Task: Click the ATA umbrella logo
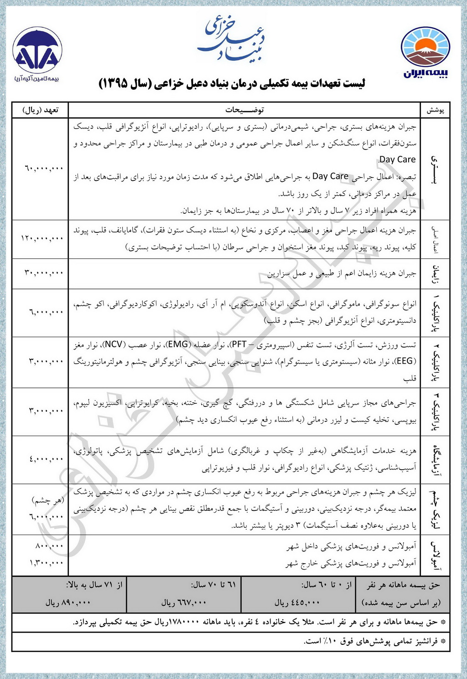point(37,54)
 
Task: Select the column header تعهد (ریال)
point(41,110)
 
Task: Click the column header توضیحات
point(244,110)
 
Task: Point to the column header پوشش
point(435,110)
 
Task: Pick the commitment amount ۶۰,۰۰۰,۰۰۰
point(44,168)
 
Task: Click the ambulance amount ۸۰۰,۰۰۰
point(49,545)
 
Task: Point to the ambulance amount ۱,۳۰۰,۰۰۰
point(46,563)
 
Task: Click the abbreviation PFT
point(239,345)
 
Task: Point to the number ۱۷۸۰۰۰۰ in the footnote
point(184,622)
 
